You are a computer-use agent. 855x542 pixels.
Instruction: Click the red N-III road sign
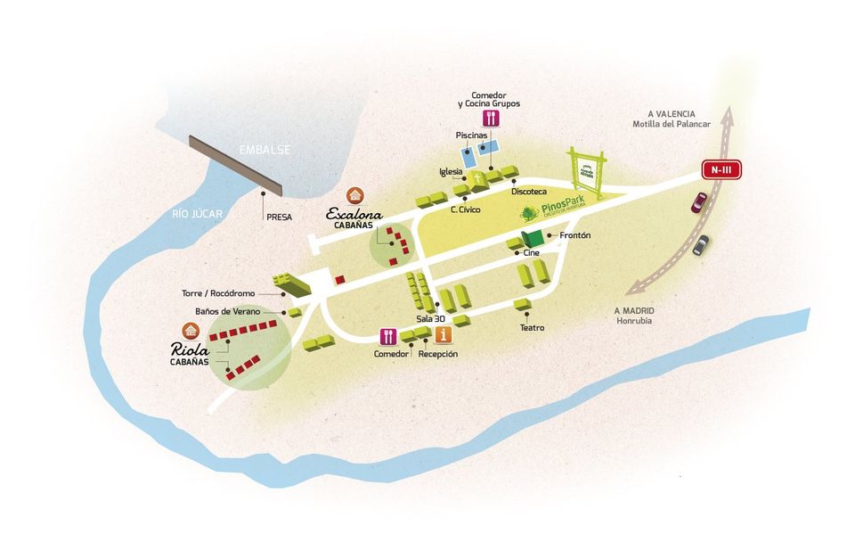[720, 169]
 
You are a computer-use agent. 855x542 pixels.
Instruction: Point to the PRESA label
[279, 217]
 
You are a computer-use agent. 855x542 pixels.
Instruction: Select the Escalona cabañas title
[354, 214]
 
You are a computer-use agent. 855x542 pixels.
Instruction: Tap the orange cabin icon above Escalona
[355, 194]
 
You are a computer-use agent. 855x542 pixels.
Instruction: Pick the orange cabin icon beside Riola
[189, 329]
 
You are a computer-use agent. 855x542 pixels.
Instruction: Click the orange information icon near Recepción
[444, 335]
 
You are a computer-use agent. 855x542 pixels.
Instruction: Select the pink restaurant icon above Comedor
[387, 336]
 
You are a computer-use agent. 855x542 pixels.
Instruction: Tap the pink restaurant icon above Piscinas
[490, 118]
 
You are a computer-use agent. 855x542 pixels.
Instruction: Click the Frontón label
[574, 235]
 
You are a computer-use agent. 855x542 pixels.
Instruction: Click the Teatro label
[532, 327]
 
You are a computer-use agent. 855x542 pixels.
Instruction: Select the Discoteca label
[529, 192]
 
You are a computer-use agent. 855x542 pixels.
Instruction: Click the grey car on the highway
[703, 244]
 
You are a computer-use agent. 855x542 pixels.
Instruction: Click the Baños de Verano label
[227, 311]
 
